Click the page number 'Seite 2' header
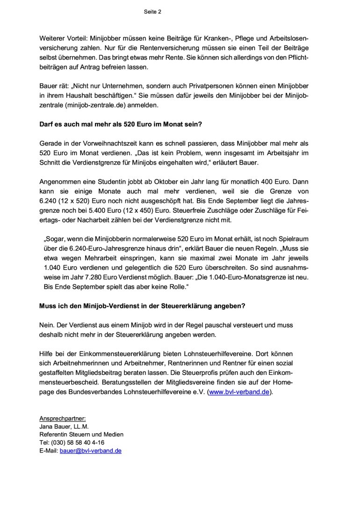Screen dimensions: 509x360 152,12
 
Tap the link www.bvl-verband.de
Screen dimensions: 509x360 239,392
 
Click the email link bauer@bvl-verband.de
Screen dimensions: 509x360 91,451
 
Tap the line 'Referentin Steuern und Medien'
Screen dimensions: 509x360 81,435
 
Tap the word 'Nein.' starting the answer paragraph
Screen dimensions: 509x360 47,324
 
